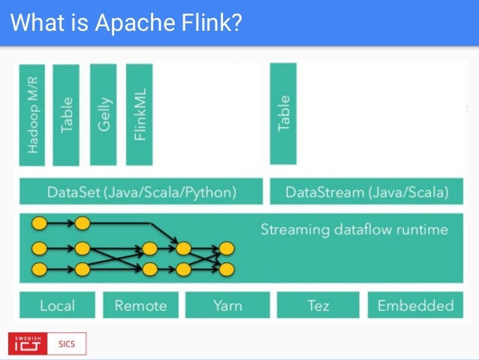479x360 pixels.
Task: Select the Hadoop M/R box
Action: click(x=32, y=114)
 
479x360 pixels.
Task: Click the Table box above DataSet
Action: click(x=66, y=114)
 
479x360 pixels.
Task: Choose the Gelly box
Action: click(x=104, y=114)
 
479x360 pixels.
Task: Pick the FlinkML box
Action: click(x=140, y=114)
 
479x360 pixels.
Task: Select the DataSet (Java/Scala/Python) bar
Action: click(x=141, y=192)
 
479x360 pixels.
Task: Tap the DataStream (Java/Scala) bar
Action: click(x=367, y=192)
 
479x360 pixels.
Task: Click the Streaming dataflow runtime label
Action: click(x=354, y=228)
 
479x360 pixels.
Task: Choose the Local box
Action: click(x=57, y=305)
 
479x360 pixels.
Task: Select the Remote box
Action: click(x=140, y=305)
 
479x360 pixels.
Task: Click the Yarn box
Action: click(x=227, y=305)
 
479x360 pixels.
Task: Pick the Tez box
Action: click(x=318, y=305)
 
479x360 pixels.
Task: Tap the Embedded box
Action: click(x=415, y=305)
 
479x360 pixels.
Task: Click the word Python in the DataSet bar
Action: click(x=212, y=192)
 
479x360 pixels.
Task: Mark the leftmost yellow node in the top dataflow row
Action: click(x=39, y=223)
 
